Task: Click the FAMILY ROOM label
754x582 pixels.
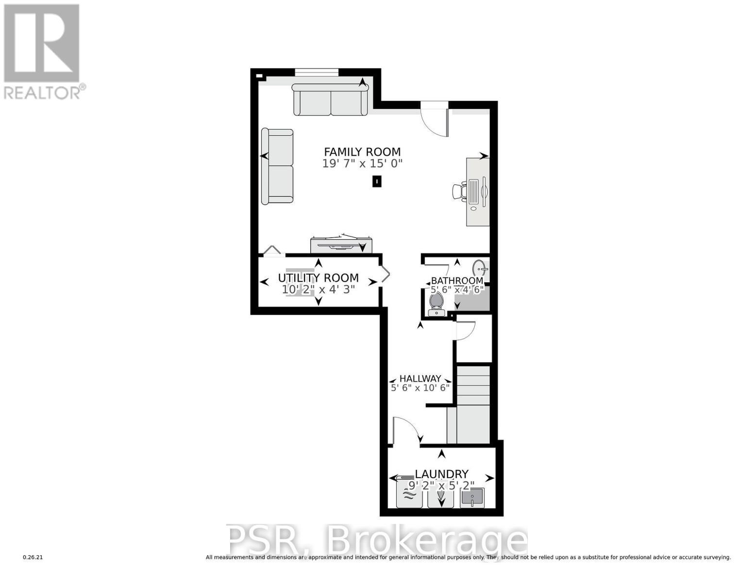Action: [x=362, y=152]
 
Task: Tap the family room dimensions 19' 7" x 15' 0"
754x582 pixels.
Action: [x=362, y=164]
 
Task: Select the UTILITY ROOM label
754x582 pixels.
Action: [x=318, y=278]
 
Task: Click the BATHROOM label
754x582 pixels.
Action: [x=457, y=281]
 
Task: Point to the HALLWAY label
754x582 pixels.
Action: [x=420, y=378]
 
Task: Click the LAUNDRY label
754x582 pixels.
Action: [x=441, y=474]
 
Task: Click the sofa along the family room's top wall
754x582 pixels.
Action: [x=331, y=99]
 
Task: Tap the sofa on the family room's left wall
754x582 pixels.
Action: [x=277, y=166]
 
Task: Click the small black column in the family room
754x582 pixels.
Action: [x=376, y=181]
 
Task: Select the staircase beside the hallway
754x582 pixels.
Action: [x=473, y=404]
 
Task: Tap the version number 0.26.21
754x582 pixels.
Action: [x=33, y=557]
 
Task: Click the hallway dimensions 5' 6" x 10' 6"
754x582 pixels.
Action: [x=420, y=388]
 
